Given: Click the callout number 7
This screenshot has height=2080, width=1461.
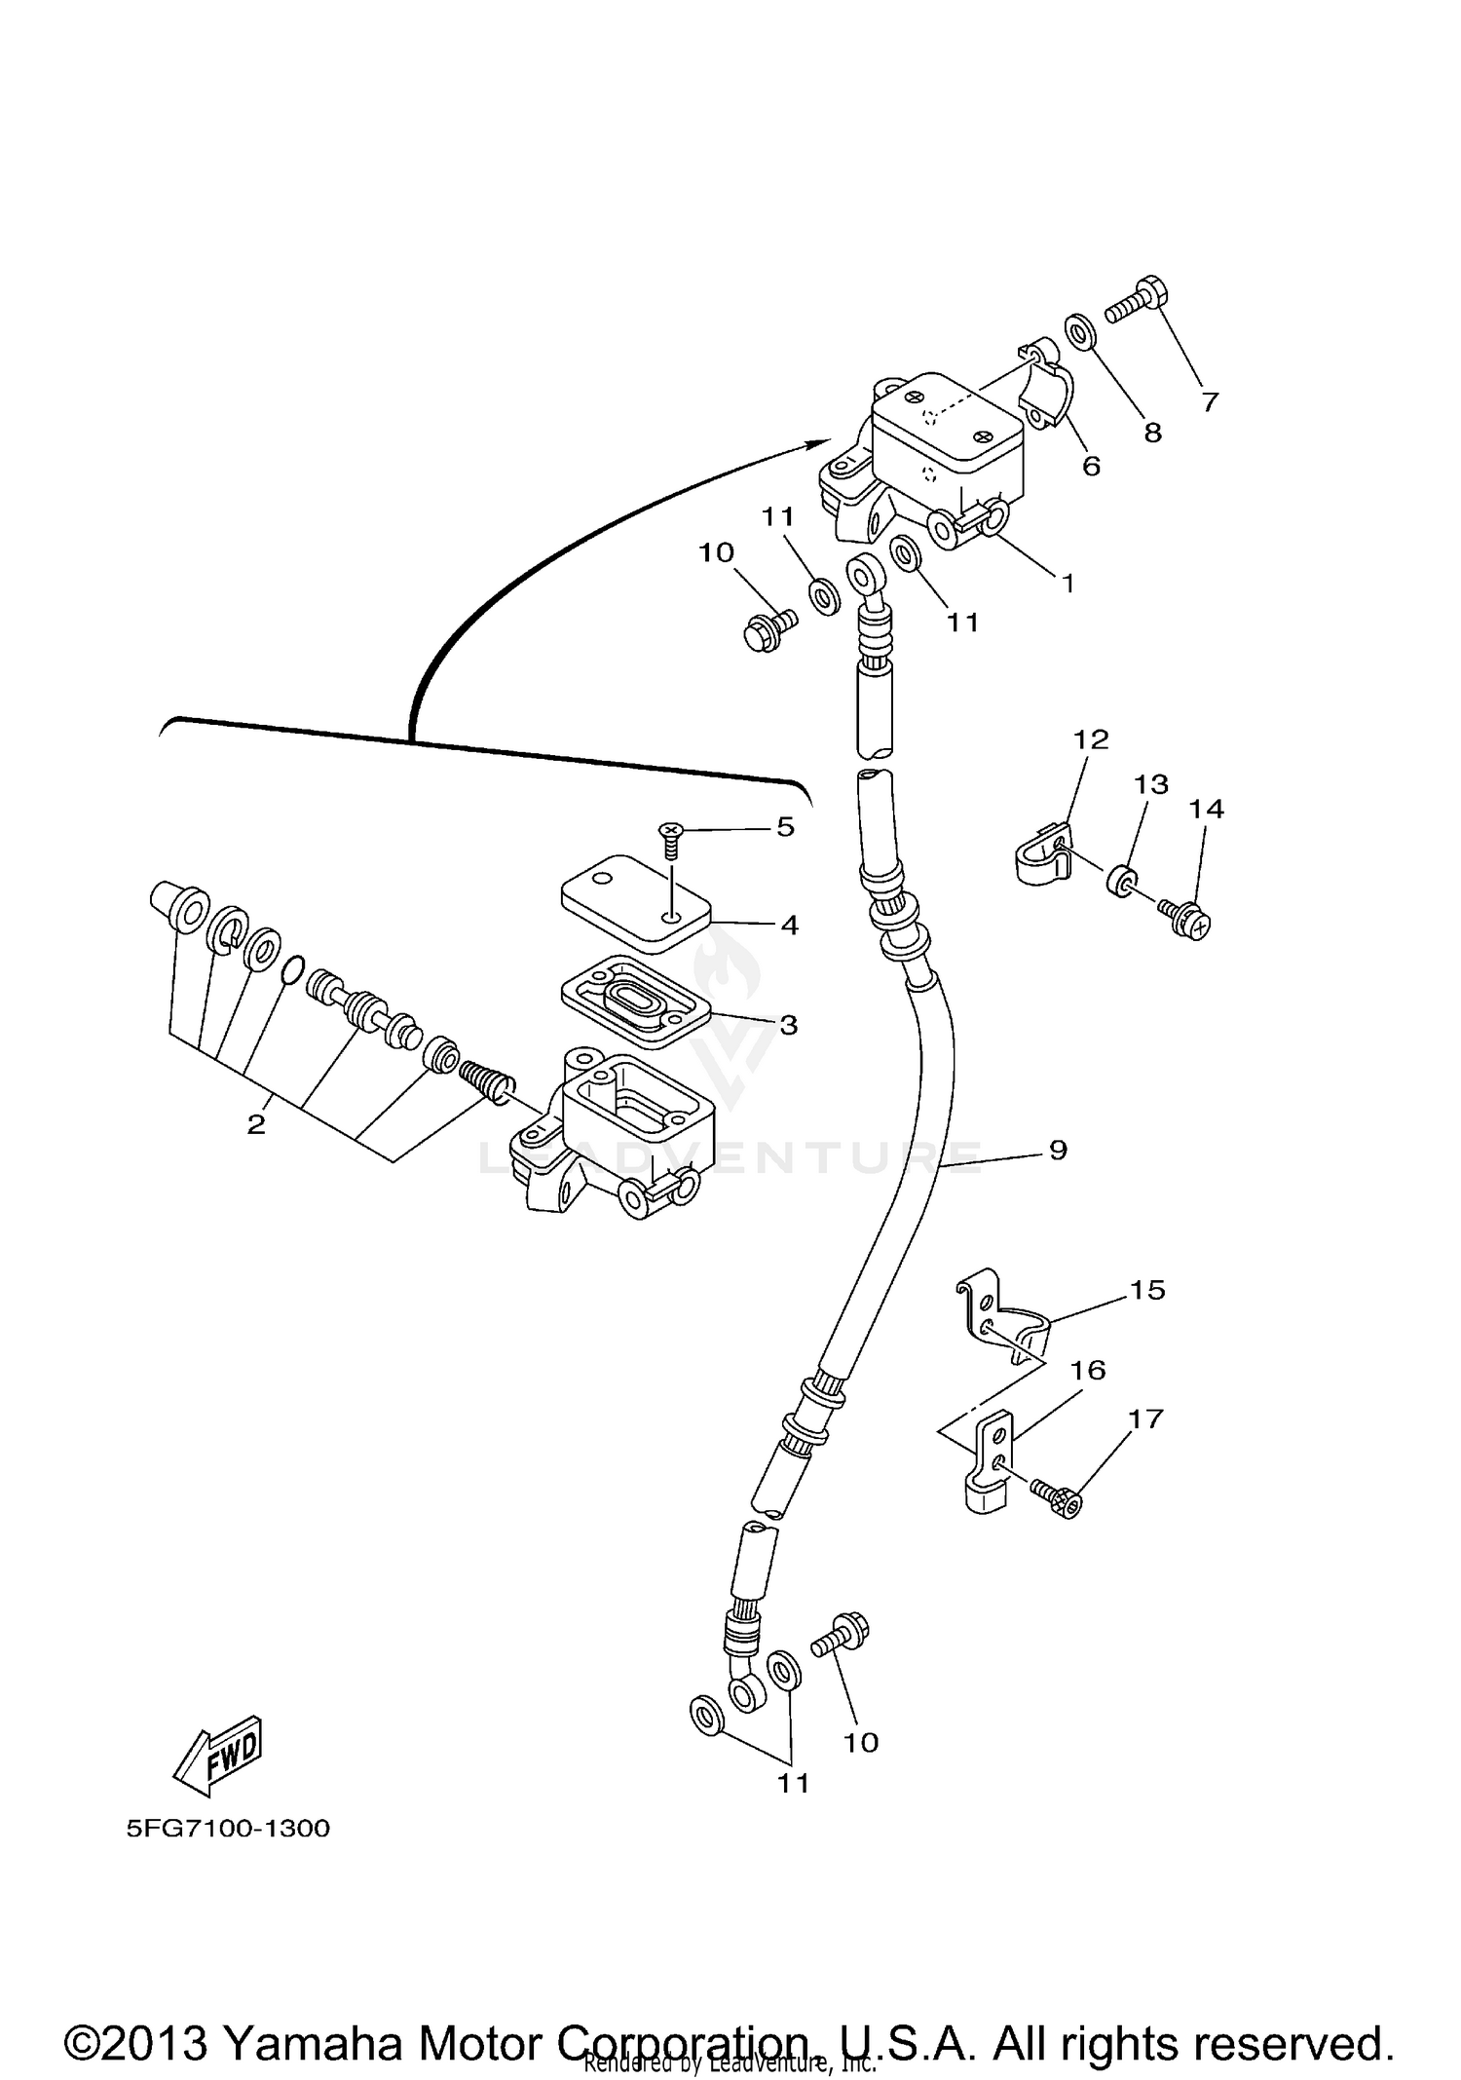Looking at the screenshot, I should click(x=1210, y=401).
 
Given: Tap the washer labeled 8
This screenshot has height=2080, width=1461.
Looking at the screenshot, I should click(x=1081, y=332).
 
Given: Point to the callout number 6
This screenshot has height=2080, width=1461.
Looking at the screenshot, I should click(x=1091, y=467).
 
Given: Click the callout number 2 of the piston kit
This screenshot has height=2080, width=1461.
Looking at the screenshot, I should click(x=255, y=1124).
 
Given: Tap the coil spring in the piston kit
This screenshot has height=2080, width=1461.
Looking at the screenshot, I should click(x=484, y=1080).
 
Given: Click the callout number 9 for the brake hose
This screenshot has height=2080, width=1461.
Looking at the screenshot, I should click(x=1059, y=1150).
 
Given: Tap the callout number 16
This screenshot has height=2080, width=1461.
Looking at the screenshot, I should click(x=1088, y=1370).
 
